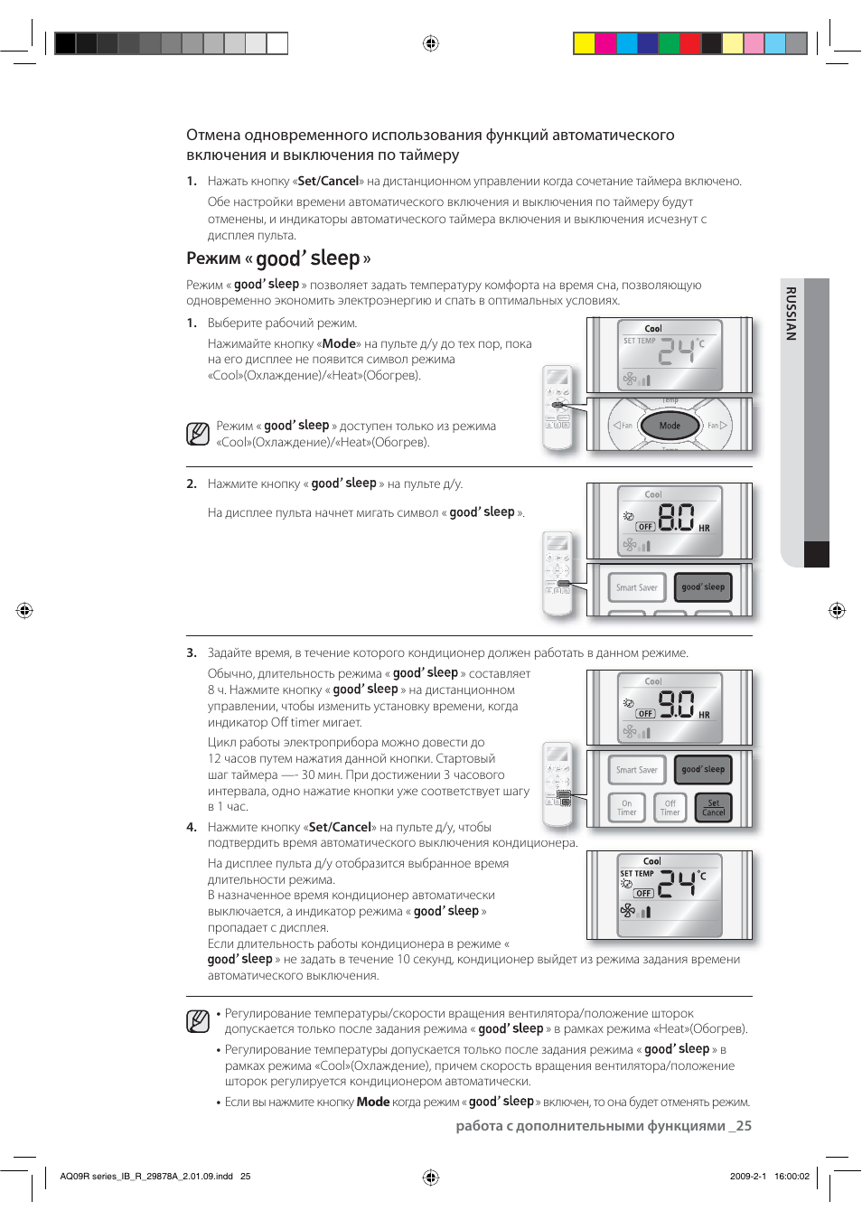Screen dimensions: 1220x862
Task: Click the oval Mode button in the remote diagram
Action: coord(670,426)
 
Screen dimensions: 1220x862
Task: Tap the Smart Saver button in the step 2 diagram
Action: coord(637,587)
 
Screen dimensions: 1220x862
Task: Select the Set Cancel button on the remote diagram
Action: coord(714,807)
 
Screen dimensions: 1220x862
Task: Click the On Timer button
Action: coord(627,807)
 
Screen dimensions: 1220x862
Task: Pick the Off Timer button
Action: coord(670,807)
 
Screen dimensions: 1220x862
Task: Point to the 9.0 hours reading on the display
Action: coord(676,703)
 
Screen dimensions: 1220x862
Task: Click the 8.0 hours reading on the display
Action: coord(676,517)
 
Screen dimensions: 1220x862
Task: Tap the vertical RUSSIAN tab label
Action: coord(791,314)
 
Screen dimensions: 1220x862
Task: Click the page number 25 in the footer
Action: coord(743,1126)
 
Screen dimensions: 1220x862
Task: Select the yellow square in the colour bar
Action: coord(585,43)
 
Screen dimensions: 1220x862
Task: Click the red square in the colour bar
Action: coord(690,43)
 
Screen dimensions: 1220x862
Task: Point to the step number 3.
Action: coord(191,652)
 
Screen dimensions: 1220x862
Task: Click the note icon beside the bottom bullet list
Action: coord(198,1021)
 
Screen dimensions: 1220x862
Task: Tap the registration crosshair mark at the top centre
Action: coord(431,43)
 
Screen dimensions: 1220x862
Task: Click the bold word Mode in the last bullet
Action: coord(372,1102)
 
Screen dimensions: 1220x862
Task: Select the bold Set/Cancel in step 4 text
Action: coord(340,827)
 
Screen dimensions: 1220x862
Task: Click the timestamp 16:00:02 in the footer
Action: coord(792,1177)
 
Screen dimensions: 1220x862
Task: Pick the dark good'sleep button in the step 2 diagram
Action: coord(703,587)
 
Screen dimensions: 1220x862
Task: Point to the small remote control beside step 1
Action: coord(557,409)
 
